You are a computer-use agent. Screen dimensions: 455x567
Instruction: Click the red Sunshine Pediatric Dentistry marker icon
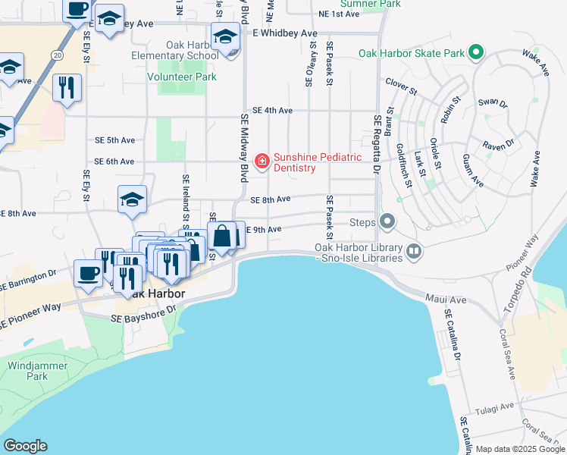coord(262,160)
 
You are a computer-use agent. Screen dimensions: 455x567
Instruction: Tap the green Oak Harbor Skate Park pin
coord(475,52)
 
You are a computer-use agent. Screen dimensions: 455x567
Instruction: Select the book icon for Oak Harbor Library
coord(414,250)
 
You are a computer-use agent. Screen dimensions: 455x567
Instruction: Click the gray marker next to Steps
coord(388,222)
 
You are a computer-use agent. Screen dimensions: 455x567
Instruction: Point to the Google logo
coord(25,446)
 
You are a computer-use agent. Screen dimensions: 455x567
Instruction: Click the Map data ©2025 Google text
coord(521,449)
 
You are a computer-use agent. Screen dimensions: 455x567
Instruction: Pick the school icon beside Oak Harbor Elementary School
coord(225,37)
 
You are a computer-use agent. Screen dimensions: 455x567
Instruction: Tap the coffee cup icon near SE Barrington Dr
coord(88,274)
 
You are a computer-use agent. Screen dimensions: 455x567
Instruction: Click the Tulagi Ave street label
coord(497,408)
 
